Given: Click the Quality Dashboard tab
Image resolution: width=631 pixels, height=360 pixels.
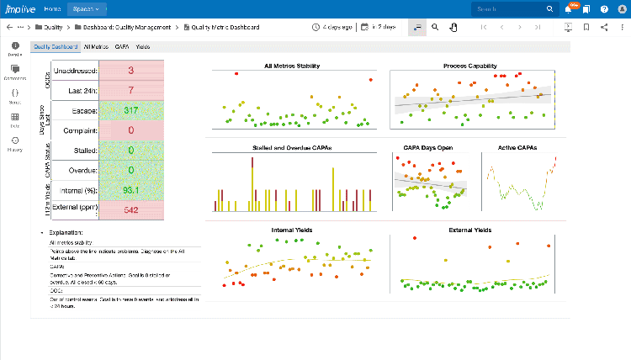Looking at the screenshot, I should tap(54, 47).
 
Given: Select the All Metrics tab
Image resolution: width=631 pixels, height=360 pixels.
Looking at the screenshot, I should tap(96, 47).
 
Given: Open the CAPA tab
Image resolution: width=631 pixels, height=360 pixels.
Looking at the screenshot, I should tap(122, 47).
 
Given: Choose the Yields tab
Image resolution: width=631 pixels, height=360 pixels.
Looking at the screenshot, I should tap(143, 47).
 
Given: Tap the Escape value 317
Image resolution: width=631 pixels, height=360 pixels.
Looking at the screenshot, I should tap(131, 110).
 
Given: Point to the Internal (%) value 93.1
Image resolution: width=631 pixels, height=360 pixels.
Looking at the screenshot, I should tap(131, 190).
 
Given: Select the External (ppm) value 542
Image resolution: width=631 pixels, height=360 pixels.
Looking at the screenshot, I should tap(131, 210).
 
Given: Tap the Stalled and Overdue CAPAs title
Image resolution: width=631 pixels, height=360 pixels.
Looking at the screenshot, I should tap(291, 147).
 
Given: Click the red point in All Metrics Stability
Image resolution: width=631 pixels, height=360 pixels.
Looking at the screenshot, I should tap(236, 74).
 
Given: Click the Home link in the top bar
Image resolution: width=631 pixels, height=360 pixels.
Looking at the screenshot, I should tap(52, 9).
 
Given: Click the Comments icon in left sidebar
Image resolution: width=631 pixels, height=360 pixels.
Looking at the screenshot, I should tap(15, 72).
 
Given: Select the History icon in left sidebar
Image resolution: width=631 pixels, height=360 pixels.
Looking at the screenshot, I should tap(15, 145).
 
